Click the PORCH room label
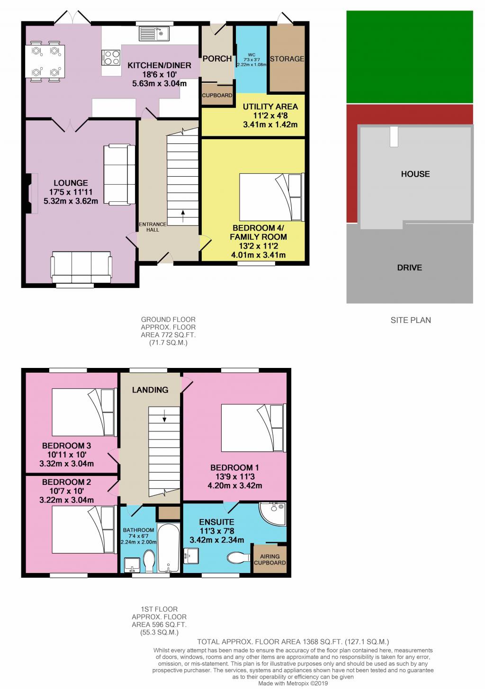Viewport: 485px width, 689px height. [217, 59]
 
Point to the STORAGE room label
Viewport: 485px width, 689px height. [287, 59]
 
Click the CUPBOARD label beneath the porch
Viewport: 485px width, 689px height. [217, 95]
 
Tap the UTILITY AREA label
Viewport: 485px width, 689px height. [270, 107]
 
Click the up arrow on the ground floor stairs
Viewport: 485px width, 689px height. [183, 218]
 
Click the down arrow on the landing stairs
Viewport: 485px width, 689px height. [164, 416]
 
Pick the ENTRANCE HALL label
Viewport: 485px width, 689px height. [153, 227]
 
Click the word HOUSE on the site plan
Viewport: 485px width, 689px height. [415, 174]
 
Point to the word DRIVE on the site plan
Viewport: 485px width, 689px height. [409, 268]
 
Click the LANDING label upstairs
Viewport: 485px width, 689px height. [150, 390]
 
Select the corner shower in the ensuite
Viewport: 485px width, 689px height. [274, 515]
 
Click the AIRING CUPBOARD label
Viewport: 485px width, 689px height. [270, 560]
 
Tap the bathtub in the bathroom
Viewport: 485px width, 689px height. [168, 548]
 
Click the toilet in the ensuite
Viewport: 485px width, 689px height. [239, 556]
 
